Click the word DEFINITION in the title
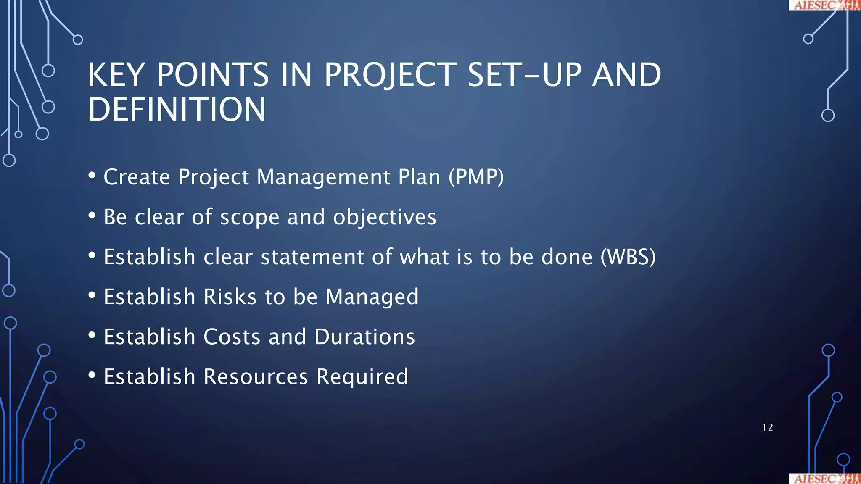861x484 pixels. (x=177, y=110)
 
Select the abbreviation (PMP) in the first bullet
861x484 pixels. (x=476, y=177)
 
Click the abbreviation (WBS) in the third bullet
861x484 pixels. (x=628, y=257)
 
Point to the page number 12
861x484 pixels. (x=767, y=427)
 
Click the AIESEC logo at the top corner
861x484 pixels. (x=824, y=5)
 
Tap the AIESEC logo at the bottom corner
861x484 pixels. (x=824, y=479)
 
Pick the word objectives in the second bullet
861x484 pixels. (x=385, y=217)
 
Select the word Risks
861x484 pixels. (x=230, y=297)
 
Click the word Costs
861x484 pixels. (x=232, y=337)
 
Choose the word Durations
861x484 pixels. (x=364, y=337)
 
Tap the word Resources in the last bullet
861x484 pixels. (x=256, y=377)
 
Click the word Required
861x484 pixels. (x=362, y=377)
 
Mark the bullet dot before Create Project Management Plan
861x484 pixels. (x=92, y=175)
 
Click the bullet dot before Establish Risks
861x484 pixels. (x=92, y=295)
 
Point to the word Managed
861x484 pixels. (x=372, y=297)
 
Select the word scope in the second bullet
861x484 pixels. (x=250, y=218)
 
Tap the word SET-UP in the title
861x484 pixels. (x=524, y=75)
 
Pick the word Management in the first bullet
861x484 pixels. (x=323, y=177)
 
